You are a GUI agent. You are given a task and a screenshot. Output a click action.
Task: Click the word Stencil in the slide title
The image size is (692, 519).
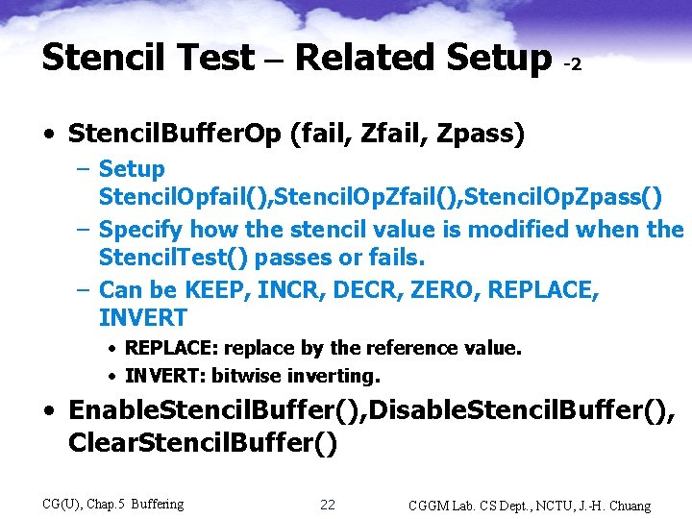pyautogui.click(x=95, y=59)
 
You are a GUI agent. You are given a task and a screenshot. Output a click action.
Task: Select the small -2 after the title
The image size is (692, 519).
pyautogui.click(x=571, y=64)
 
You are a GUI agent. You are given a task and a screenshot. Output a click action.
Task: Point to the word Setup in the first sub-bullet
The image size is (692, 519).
pyautogui.click(x=132, y=169)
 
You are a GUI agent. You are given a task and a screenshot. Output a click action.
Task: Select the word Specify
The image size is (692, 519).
pyautogui.click(x=141, y=230)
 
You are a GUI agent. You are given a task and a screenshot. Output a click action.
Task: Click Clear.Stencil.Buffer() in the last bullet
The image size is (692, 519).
pyautogui.click(x=203, y=444)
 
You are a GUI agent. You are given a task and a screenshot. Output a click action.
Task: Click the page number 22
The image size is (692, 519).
pyautogui.click(x=327, y=505)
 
